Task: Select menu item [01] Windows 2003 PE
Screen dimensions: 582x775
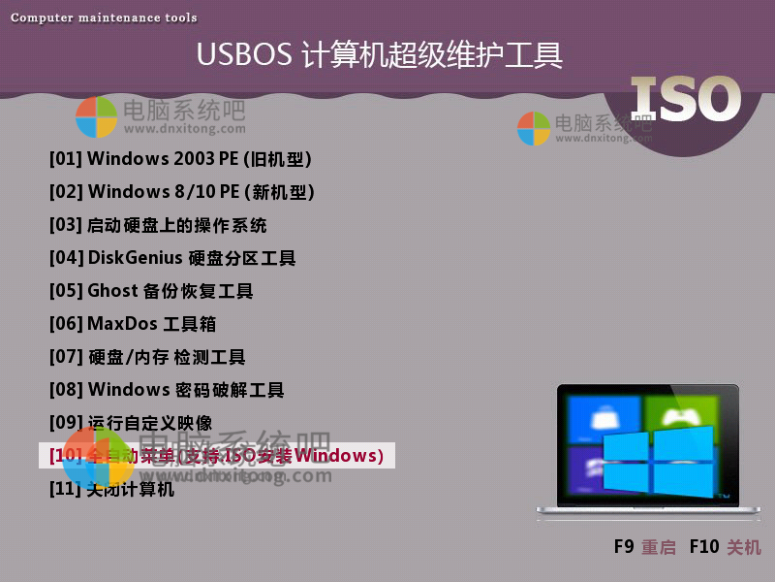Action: click(180, 159)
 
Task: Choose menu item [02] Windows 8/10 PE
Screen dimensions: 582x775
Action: click(181, 192)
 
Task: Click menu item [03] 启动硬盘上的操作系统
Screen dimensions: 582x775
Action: click(158, 225)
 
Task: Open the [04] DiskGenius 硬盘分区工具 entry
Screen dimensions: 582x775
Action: click(172, 258)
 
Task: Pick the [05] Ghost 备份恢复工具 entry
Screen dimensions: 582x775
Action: click(151, 291)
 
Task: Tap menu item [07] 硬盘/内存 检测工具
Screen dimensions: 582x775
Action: click(147, 357)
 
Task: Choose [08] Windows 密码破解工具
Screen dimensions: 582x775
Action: click(167, 390)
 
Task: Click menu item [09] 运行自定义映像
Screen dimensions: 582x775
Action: click(131, 423)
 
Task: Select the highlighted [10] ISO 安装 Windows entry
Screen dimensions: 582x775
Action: click(216, 456)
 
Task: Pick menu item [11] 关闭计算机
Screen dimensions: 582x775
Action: click(112, 489)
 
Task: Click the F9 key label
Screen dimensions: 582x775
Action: click(624, 547)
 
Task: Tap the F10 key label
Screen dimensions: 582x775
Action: click(704, 547)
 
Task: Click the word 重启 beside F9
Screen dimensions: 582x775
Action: click(659, 547)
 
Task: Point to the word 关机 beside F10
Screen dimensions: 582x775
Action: click(744, 547)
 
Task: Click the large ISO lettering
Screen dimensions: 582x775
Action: click(686, 98)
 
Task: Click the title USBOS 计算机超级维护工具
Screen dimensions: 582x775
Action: click(380, 53)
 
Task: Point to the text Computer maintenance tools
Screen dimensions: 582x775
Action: click(104, 18)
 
